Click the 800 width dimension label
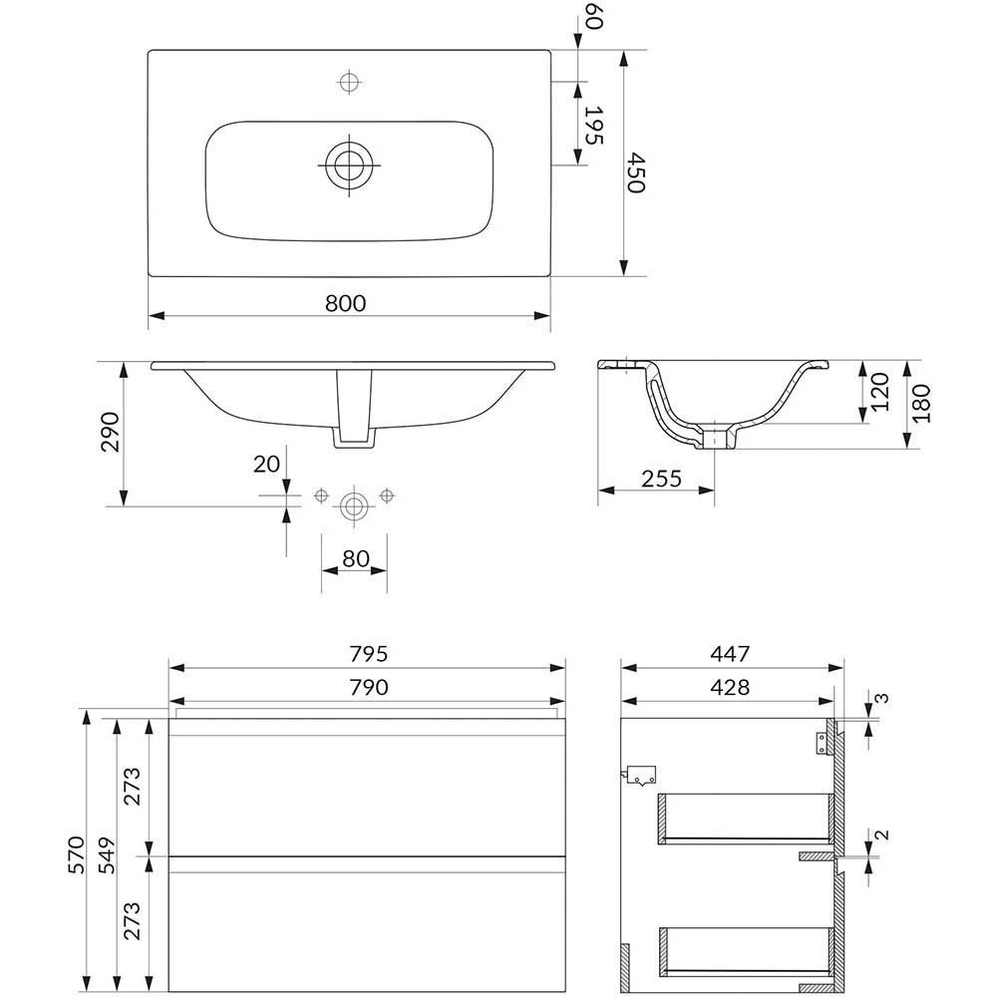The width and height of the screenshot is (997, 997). pyautogui.click(x=346, y=303)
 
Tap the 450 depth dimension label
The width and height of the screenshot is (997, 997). pyautogui.click(x=635, y=171)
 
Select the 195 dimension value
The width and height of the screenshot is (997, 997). pyautogui.click(x=592, y=125)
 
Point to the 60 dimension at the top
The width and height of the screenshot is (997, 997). pyautogui.click(x=592, y=16)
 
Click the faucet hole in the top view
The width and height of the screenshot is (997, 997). pyautogui.click(x=349, y=82)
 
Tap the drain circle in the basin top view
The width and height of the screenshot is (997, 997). pyautogui.click(x=349, y=165)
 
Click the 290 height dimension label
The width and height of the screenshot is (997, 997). pyautogui.click(x=111, y=432)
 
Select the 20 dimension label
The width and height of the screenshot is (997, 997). pyautogui.click(x=266, y=465)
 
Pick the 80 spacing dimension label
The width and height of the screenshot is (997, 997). pyautogui.click(x=356, y=558)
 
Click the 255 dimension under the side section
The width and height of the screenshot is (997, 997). pyautogui.click(x=661, y=479)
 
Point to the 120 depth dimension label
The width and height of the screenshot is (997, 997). pyautogui.click(x=879, y=392)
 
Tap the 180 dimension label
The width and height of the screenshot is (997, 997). pyautogui.click(x=921, y=404)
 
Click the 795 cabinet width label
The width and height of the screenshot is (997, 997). pyautogui.click(x=368, y=654)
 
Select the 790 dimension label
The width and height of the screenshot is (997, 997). pyautogui.click(x=368, y=687)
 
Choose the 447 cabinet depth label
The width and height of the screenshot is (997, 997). pyautogui.click(x=730, y=654)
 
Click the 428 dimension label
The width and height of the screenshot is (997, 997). pyautogui.click(x=730, y=687)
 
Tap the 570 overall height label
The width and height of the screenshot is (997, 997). pyautogui.click(x=76, y=855)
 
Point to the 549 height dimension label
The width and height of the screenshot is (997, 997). pyautogui.click(x=107, y=855)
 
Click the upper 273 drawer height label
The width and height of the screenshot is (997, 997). pyautogui.click(x=133, y=787)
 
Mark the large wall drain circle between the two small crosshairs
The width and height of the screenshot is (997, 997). pyautogui.click(x=354, y=506)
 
